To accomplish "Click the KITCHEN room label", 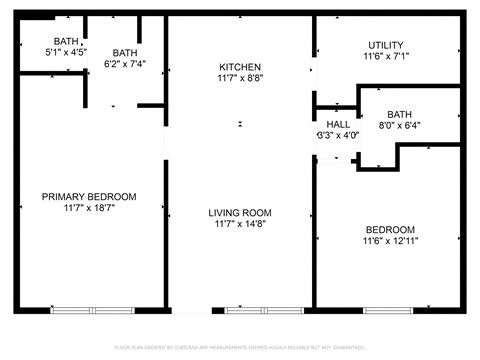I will click(240, 66).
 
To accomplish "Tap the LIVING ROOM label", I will click(240, 213).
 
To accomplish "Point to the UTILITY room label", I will click(385, 46).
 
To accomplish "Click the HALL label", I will click(338, 124).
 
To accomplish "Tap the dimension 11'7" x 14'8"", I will click(240, 225).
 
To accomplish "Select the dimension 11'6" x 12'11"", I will click(389, 241).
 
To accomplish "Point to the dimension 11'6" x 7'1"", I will click(385, 58).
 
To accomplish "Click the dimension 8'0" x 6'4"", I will click(400, 126).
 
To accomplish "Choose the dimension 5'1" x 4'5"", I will click(66, 51).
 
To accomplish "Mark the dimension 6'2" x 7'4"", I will click(125, 65).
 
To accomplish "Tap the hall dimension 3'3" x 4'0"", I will click(338, 135).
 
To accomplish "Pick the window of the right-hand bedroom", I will click(388, 310).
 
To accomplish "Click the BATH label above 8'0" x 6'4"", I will click(400, 114).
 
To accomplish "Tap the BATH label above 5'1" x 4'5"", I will click(66, 40).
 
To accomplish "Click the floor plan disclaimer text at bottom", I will click(240, 346).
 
